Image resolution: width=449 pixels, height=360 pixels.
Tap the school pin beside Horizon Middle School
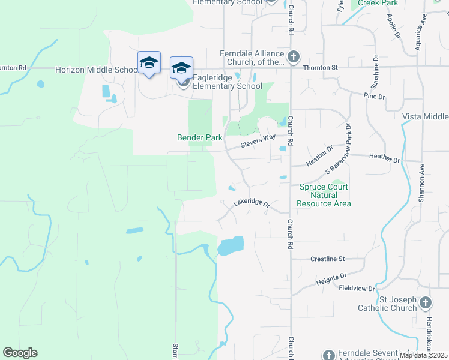point(149,63)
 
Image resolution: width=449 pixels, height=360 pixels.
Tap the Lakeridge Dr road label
point(252,203)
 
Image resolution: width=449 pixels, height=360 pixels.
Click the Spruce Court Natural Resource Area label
point(325,195)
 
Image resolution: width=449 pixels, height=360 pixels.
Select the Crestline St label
point(327,259)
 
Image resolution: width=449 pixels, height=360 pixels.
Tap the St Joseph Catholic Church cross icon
point(426,303)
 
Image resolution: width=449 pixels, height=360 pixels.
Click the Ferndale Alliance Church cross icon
point(294,58)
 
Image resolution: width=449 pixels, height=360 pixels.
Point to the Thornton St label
point(320,68)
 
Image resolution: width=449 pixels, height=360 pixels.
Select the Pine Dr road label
point(373,95)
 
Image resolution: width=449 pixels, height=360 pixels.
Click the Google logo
point(20,353)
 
